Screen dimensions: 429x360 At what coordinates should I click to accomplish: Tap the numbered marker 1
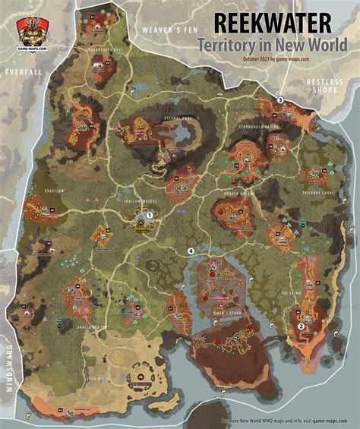point(150,215)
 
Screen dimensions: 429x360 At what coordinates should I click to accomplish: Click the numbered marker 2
point(302,326)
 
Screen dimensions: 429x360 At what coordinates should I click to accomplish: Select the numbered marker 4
point(191,251)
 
